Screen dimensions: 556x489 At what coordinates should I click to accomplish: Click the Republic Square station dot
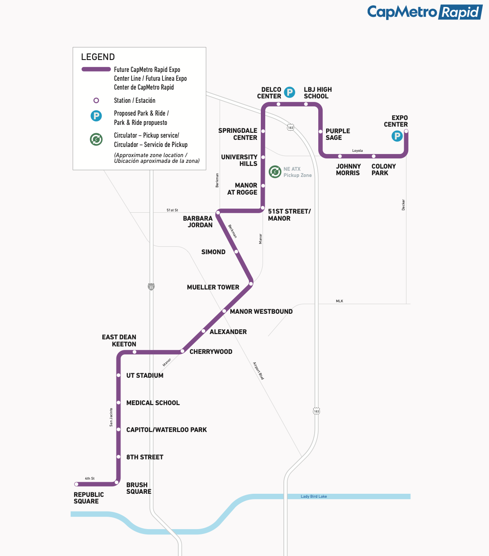point(76,484)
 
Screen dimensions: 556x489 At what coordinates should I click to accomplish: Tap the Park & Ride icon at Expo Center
point(397,136)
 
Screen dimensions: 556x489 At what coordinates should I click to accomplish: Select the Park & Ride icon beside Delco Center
point(290,92)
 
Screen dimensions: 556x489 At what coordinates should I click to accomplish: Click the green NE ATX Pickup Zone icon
point(275,172)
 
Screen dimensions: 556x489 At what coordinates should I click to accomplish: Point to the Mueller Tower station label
point(213,287)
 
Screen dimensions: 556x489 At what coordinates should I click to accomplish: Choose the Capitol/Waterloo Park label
point(166,430)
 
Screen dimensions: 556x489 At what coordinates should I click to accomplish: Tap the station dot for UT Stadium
point(119,375)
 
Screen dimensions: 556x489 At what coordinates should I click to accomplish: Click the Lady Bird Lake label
point(314,496)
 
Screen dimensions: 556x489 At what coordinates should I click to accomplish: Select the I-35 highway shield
point(151,287)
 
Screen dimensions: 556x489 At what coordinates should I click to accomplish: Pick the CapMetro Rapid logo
point(424,12)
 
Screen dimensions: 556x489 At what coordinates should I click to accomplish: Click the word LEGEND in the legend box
point(98,57)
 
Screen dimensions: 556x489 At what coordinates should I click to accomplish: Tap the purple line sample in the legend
point(96,69)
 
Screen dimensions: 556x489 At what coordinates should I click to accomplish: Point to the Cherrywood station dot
point(182,351)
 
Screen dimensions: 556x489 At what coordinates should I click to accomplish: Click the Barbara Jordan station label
point(198,222)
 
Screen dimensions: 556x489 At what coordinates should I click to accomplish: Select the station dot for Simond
point(237,252)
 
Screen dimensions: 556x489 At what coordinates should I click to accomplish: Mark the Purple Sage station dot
point(320,131)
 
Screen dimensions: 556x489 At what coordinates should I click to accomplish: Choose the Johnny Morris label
point(348,169)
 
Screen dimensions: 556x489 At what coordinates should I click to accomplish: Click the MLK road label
point(339,301)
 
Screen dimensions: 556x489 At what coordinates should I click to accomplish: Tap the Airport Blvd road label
point(258,371)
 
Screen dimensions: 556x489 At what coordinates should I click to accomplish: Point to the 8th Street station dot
point(119,457)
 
